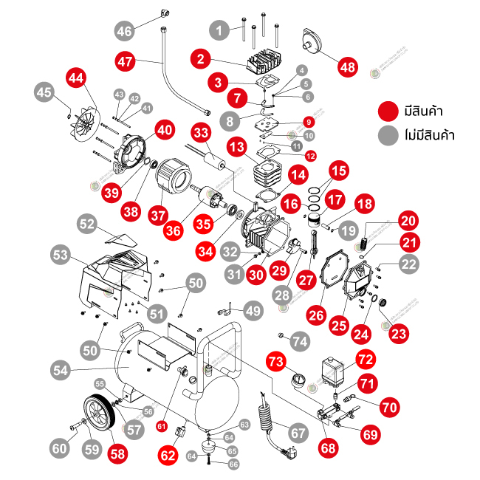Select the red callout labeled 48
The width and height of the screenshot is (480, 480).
click(347, 66)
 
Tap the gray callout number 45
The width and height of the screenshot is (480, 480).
click(45, 92)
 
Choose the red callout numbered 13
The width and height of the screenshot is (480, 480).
click(236, 148)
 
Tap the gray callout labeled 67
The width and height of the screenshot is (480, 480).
click(298, 433)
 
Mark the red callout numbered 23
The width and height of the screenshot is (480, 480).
click(400, 334)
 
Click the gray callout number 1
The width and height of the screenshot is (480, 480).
click(218, 30)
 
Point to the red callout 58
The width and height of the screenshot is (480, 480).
click(117, 453)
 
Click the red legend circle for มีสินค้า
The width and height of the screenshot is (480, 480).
click(385, 111)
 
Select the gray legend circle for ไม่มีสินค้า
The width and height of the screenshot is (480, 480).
click(385, 135)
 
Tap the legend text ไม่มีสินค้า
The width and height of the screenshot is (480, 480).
click(428, 135)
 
